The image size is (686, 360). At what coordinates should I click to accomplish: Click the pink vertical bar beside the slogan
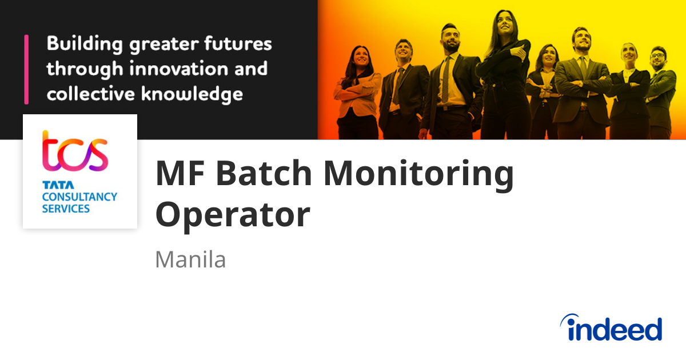point(26,69)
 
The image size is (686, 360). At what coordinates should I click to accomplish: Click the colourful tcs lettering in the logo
point(74,151)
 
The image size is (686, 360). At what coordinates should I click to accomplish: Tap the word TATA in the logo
point(54,186)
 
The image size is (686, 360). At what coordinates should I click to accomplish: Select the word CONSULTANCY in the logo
point(79,197)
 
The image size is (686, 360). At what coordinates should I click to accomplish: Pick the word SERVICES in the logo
point(66,209)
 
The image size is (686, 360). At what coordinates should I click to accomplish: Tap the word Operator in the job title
point(233,215)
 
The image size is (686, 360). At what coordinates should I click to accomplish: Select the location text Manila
point(190,260)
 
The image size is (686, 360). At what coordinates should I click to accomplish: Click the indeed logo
point(611,328)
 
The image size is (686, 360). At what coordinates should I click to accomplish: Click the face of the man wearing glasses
point(657,59)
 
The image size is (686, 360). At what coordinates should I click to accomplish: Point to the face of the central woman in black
point(504,23)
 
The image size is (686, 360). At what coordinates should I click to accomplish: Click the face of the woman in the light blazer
point(361,57)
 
